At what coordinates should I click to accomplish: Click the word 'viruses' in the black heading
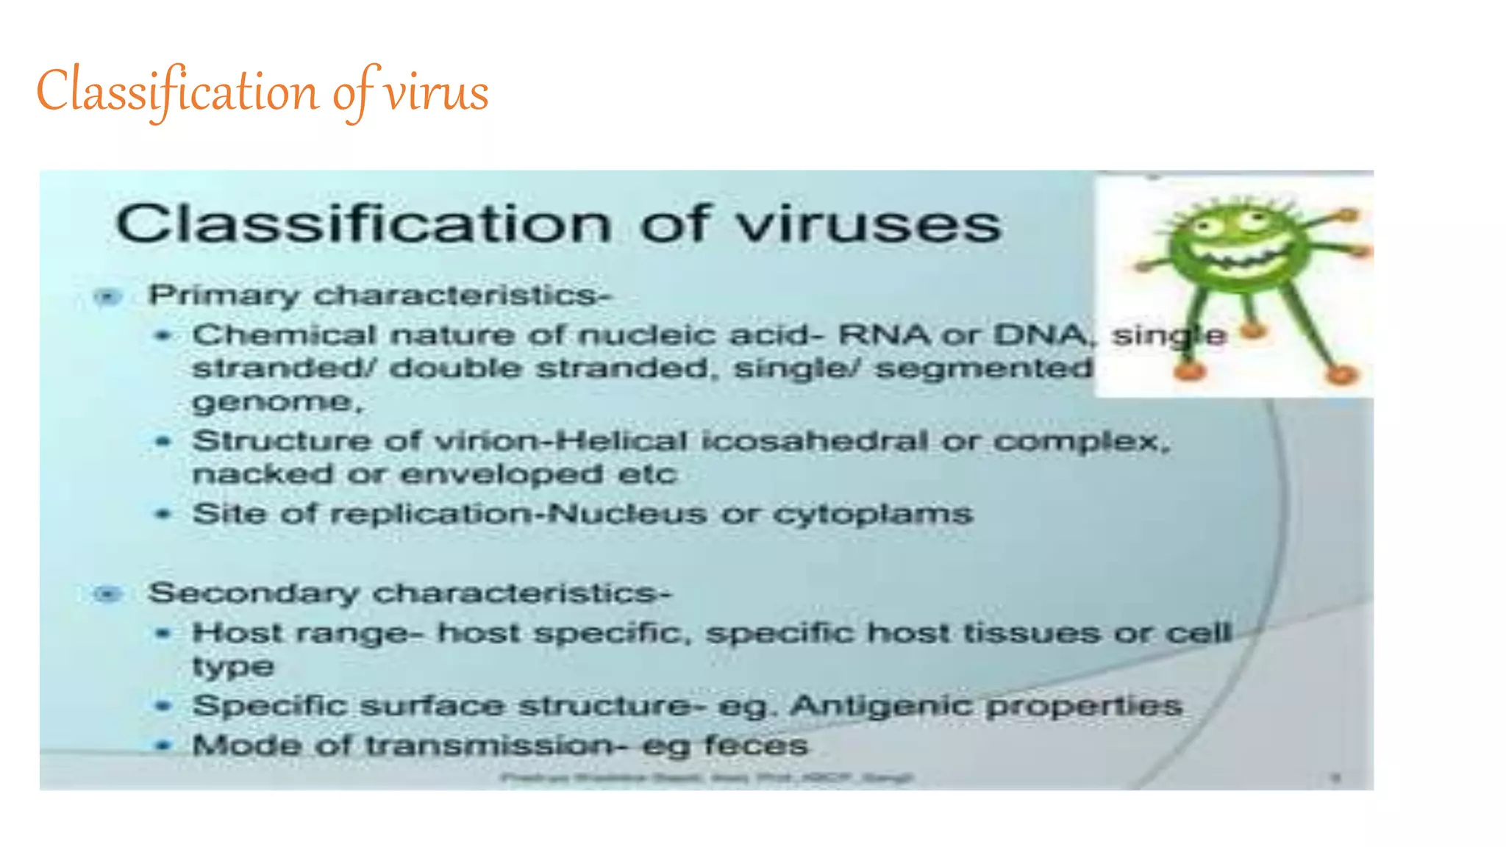[x=868, y=224]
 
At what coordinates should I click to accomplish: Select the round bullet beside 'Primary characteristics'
[x=109, y=296]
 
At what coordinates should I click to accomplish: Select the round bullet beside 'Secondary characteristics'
[x=109, y=593]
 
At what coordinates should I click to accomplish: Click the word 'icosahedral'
[x=815, y=441]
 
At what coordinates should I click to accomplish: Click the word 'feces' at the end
[x=755, y=746]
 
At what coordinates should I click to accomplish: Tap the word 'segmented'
[x=984, y=368]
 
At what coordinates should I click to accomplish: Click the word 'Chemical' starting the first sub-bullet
[x=285, y=335]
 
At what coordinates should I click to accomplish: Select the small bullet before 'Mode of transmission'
[x=163, y=746]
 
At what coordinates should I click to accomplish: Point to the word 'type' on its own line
[x=233, y=668]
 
